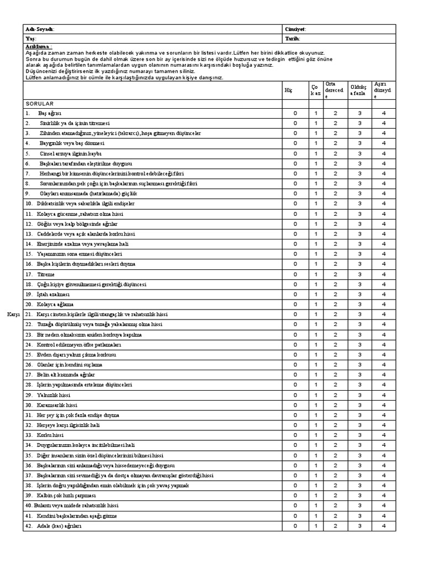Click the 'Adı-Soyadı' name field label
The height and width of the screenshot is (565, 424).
(39, 29)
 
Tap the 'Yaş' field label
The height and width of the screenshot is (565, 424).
(30, 39)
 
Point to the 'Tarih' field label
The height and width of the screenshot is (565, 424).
(292, 39)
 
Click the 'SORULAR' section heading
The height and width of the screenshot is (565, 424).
(38, 103)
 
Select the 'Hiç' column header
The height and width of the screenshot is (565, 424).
(287, 90)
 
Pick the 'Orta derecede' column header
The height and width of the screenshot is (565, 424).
(334, 90)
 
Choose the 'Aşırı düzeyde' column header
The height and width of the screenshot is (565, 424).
(383, 90)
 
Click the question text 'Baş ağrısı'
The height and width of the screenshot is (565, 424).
(50, 113)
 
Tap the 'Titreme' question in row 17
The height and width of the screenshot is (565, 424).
(46, 274)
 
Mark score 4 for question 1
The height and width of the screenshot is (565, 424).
(384, 113)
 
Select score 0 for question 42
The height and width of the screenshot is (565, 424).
(295, 526)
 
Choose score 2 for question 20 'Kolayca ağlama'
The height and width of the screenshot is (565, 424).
(335, 304)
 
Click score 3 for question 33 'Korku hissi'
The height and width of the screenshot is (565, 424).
(359, 435)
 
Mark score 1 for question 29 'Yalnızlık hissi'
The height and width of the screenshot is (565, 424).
(316, 395)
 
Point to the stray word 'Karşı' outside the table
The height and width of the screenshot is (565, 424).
(13, 315)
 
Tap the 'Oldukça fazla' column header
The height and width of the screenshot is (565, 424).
(358, 90)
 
